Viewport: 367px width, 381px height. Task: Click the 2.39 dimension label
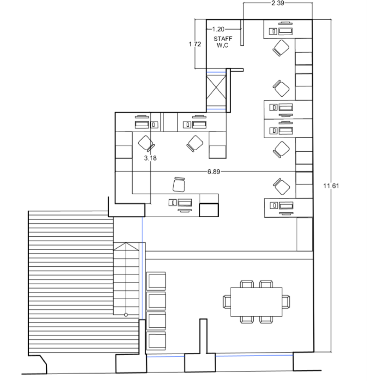pos(278,3)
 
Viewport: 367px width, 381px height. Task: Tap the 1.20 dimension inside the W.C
pos(218,29)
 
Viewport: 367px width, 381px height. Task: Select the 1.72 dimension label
pos(195,44)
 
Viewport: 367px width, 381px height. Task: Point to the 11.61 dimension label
pos(331,186)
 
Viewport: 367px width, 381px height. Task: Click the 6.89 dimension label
pos(213,172)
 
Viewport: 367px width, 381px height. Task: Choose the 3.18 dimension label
pos(150,158)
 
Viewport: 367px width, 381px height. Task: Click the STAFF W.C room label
pos(223,42)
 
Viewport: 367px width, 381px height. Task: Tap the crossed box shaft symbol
pos(216,91)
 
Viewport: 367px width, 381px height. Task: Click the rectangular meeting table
pos(257,302)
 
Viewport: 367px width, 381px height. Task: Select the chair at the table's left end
pos(227,302)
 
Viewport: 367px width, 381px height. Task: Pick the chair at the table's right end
pos(286,302)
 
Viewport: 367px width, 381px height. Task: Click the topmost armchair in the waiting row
pos(156,281)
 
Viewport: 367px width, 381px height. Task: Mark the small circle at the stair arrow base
pos(126,315)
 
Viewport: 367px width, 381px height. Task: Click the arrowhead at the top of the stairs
pos(126,246)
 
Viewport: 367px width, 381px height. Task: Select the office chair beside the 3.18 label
pos(146,143)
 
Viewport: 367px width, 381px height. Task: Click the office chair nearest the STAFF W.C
pos(281,48)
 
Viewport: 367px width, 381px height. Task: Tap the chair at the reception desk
pos(179,185)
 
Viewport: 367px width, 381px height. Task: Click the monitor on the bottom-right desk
pos(286,206)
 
